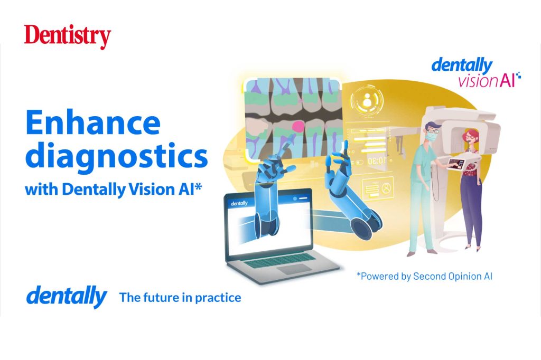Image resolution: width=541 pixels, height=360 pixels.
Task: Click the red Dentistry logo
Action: [67, 37]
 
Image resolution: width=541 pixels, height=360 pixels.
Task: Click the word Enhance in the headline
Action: [92, 123]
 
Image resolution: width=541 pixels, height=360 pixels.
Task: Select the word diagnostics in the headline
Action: [116, 157]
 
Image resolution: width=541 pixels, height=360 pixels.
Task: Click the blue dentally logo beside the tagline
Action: [66, 297]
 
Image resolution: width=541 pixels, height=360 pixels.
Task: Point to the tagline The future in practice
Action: [180, 297]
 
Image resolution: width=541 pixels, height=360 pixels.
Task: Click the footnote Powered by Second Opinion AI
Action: [425, 276]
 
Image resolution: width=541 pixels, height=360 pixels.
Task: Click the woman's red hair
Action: [469, 139]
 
